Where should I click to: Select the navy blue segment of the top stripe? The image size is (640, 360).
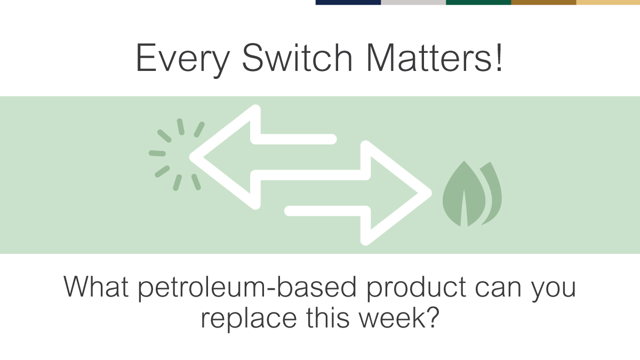click(x=348, y=2)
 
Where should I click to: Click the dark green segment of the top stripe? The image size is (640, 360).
click(x=478, y=2)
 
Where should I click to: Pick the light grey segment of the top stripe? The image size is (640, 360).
click(x=413, y=2)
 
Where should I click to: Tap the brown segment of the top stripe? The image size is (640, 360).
click(x=543, y=2)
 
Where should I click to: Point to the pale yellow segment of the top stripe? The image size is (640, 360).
click(x=608, y=2)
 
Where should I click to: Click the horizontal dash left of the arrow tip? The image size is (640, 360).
click(x=157, y=154)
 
